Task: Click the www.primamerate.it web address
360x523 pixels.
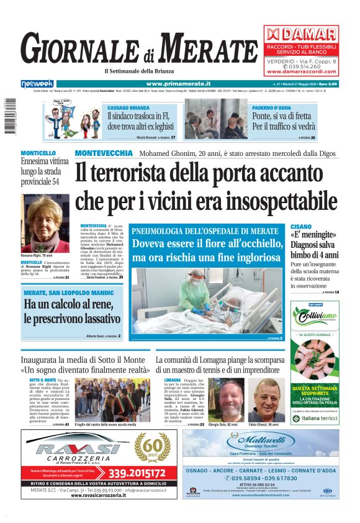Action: tap(178, 83)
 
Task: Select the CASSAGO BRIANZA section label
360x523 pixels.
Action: tap(126, 107)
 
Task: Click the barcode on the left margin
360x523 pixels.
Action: tap(10, 122)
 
